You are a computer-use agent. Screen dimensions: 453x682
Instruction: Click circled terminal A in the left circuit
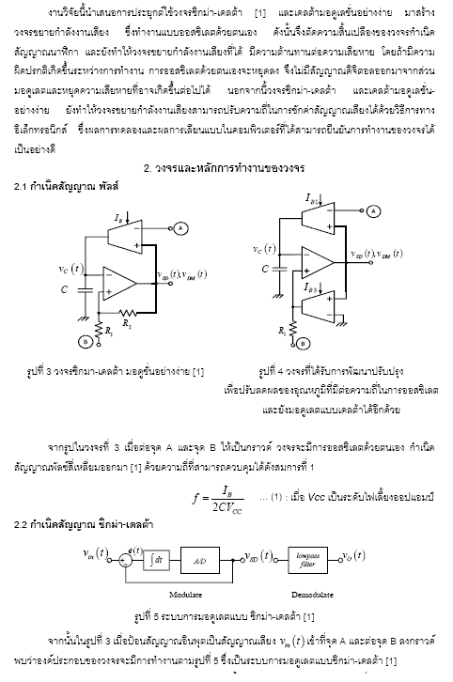point(180,228)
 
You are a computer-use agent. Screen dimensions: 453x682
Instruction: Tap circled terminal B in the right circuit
point(304,343)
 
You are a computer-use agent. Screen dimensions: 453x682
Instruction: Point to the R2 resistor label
point(126,323)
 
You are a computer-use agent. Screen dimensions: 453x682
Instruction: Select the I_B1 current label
point(312,198)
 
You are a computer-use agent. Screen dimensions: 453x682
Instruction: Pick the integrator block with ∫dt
point(156,560)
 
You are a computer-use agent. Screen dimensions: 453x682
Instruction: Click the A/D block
point(200,560)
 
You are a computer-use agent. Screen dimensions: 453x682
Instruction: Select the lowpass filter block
point(307,560)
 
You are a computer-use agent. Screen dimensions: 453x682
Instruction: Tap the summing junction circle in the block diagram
point(125,561)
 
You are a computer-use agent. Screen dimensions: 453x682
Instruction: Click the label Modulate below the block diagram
point(185,594)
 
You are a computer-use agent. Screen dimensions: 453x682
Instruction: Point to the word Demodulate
point(312,594)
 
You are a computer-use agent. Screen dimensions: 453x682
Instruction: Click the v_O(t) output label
point(353,555)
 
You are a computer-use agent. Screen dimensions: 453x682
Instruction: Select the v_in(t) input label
point(95,553)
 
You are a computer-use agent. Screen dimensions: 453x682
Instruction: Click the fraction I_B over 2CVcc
point(227,499)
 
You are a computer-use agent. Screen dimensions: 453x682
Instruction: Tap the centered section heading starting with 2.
point(224,167)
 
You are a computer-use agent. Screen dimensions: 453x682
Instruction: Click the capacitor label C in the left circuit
point(65,288)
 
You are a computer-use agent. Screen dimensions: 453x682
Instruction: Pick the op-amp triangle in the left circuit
point(119,283)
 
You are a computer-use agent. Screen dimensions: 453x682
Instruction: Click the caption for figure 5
point(224,616)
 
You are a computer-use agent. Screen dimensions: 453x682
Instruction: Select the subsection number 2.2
point(21,524)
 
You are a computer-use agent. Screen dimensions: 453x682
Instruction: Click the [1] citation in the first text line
point(259,12)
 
